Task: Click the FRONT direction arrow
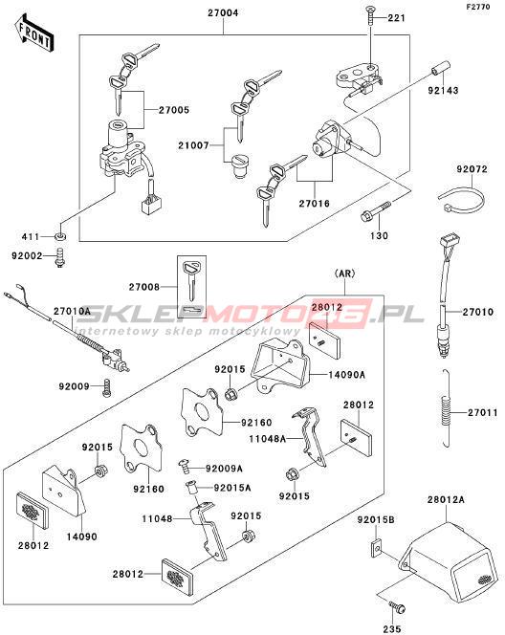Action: click(x=34, y=33)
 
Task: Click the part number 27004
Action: click(x=223, y=12)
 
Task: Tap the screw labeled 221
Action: click(x=371, y=15)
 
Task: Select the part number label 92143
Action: click(x=444, y=90)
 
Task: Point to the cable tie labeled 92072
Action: click(x=462, y=199)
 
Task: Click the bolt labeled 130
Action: click(x=376, y=211)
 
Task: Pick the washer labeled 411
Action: click(x=60, y=236)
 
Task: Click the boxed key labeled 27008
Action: click(x=192, y=286)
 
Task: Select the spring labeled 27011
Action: click(x=446, y=409)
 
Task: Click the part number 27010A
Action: click(x=73, y=311)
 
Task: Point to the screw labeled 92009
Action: click(x=106, y=388)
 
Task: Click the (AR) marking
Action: click(x=344, y=274)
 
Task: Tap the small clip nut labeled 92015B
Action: click(x=377, y=548)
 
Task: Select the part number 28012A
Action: click(x=446, y=499)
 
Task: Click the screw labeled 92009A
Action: click(x=186, y=466)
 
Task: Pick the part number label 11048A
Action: click(x=267, y=438)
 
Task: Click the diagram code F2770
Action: click(x=478, y=7)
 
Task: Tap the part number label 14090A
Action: click(x=346, y=375)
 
